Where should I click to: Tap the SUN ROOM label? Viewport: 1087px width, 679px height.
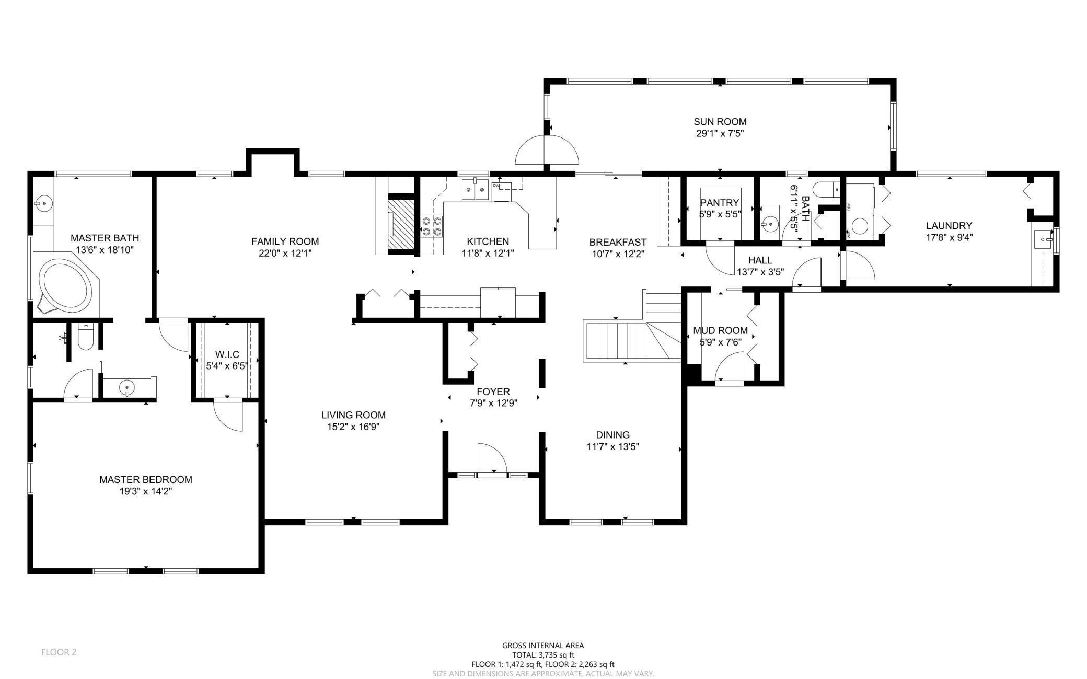[x=720, y=122]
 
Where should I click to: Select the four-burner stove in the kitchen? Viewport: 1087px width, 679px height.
[x=432, y=226]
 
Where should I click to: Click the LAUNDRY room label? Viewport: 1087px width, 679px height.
[x=949, y=226]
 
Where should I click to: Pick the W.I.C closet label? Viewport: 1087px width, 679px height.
[x=227, y=355]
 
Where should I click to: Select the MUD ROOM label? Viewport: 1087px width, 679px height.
[x=720, y=330]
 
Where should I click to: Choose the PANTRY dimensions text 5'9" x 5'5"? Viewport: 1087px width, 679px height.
[x=720, y=214]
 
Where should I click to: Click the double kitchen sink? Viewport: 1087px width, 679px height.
[x=475, y=190]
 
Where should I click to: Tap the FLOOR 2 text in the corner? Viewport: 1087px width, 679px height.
[x=59, y=652]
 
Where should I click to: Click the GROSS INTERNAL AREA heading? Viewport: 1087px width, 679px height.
[x=543, y=646]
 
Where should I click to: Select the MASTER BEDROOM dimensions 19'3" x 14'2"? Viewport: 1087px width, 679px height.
[x=146, y=491]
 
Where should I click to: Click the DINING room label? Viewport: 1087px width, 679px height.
[x=613, y=435]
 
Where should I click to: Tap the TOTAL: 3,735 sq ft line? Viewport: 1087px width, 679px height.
[x=543, y=655]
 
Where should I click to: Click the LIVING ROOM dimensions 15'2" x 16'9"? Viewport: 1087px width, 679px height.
[x=353, y=427]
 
